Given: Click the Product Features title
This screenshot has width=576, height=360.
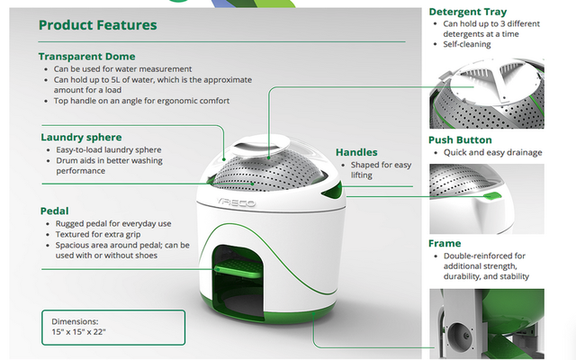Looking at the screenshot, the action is click(x=98, y=25).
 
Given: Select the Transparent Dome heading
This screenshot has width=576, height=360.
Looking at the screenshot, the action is click(x=87, y=57).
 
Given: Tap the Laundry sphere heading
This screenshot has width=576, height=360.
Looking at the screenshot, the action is click(x=81, y=138).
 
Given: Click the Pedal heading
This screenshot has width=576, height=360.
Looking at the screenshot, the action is click(x=54, y=211).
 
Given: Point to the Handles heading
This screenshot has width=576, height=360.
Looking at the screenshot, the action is click(x=356, y=152).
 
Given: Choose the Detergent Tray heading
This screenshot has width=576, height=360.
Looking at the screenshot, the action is click(x=468, y=12).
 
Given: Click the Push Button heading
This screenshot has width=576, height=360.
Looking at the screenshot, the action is click(x=460, y=140).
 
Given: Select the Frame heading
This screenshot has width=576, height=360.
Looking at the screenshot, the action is click(x=445, y=244).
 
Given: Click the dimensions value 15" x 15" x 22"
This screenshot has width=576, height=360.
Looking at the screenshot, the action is click(x=78, y=332).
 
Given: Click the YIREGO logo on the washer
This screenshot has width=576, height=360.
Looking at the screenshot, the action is click(x=236, y=202).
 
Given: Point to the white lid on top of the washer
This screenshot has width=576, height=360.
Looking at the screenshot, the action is click(x=260, y=146).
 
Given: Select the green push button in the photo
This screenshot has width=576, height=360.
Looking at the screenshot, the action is click(x=492, y=196).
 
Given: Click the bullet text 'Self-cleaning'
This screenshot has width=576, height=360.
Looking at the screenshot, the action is click(x=467, y=44).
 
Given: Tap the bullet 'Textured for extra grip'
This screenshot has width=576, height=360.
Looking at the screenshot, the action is click(x=98, y=234).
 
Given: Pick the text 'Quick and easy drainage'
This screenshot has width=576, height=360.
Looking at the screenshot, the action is click(x=492, y=152).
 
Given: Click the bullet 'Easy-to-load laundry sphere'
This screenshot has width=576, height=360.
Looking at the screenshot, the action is click(x=109, y=150).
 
